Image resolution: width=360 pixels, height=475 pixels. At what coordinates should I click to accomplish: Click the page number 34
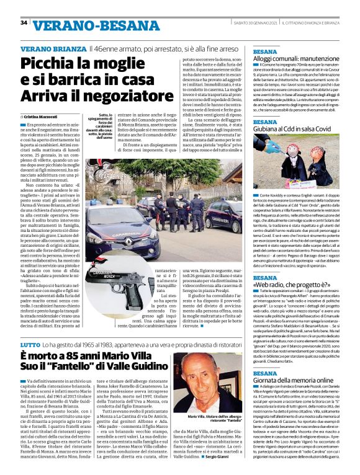(x=24, y=23)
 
